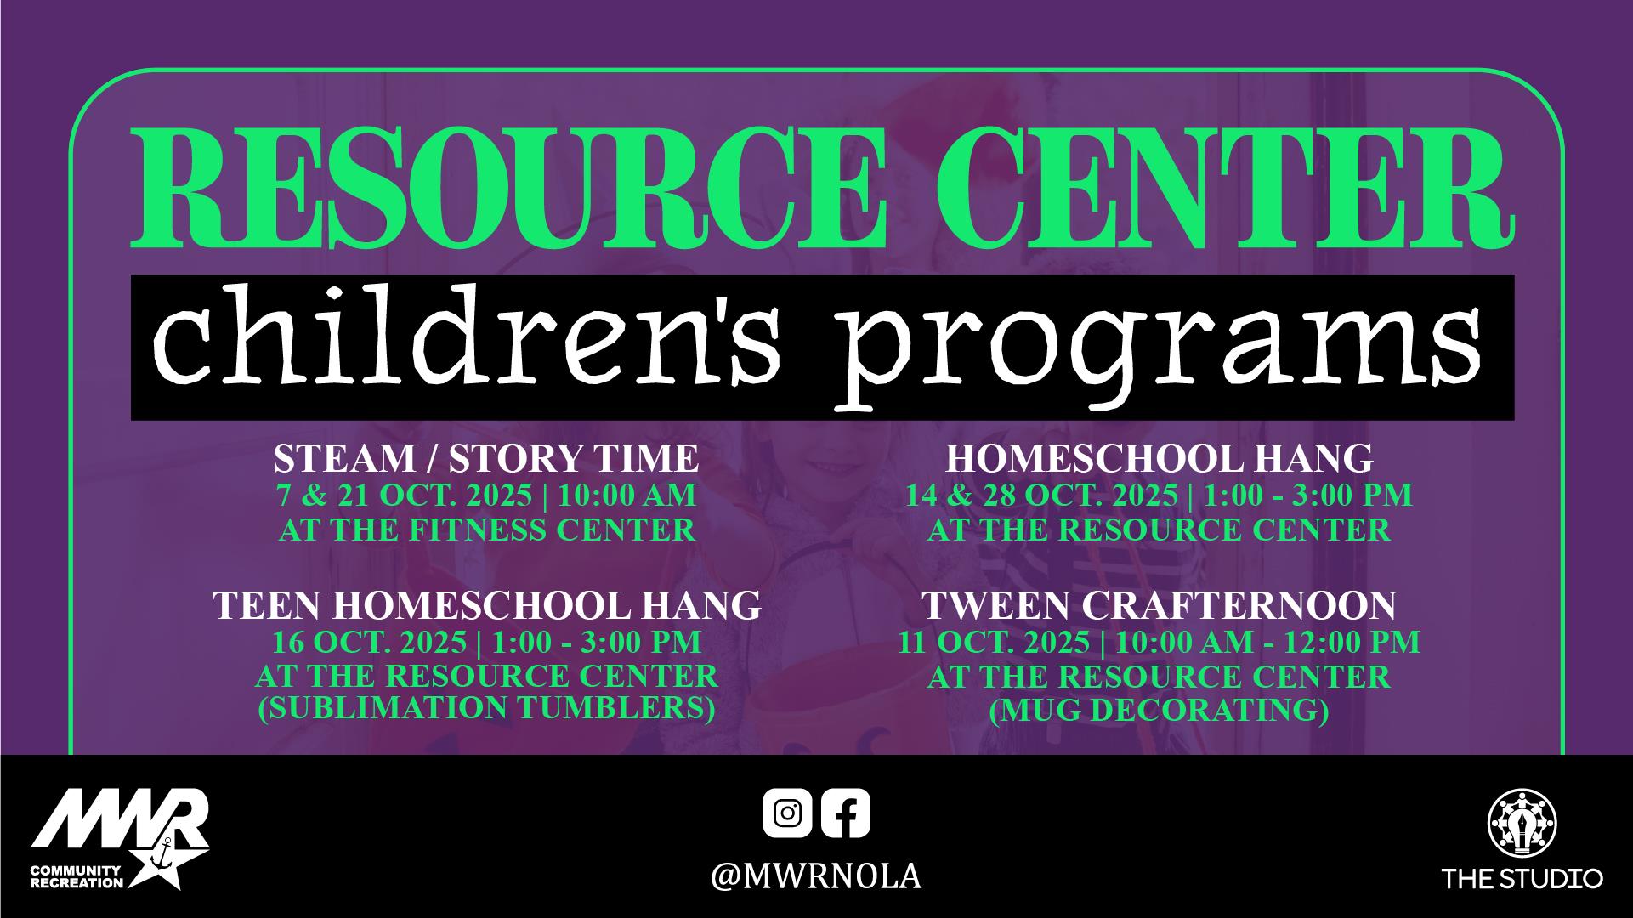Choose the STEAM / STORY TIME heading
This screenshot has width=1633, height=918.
pyautogui.click(x=485, y=459)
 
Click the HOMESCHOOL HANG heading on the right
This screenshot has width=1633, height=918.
pyautogui.click(x=1159, y=459)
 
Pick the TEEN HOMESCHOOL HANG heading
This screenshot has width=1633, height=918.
pyautogui.click(x=486, y=605)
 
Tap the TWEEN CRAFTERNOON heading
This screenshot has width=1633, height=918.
pyautogui.click(x=1159, y=605)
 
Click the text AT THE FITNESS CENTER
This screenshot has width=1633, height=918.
pyautogui.click(x=487, y=530)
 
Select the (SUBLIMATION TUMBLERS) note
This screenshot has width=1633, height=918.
pyautogui.click(x=486, y=707)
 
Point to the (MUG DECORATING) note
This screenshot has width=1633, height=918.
pyautogui.click(x=1159, y=709)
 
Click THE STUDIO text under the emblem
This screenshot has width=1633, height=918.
pyautogui.click(x=1522, y=878)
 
